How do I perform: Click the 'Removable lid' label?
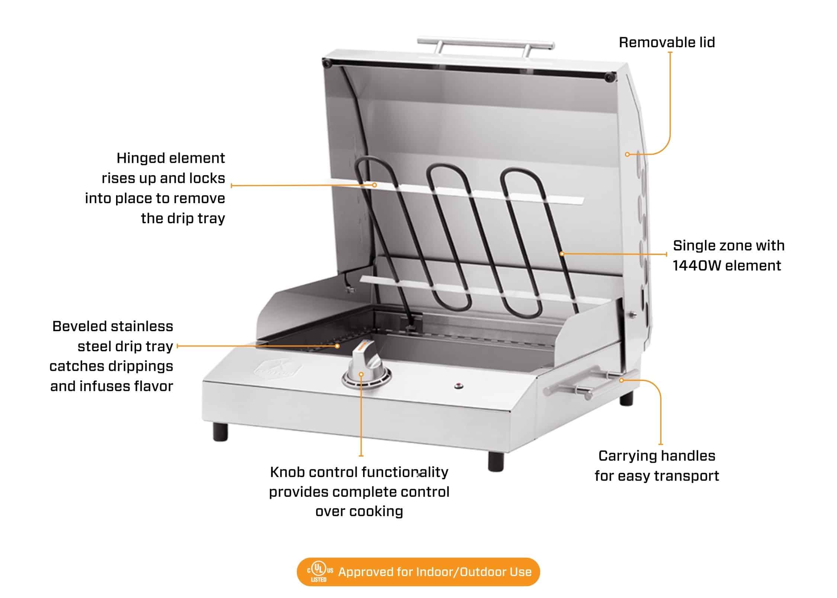(667, 42)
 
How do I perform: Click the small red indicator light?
(458, 386)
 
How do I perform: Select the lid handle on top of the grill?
(485, 44)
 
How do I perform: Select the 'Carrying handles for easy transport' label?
(657, 466)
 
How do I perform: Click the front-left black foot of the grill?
(220, 432)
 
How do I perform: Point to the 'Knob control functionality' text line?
(359, 472)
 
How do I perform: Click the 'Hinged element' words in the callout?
(170, 158)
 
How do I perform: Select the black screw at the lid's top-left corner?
(327, 64)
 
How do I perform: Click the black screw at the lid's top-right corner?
(609, 77)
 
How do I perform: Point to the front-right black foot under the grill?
(496, 462)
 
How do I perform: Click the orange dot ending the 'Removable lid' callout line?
(627, 154)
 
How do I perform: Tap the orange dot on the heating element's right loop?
(562, 254)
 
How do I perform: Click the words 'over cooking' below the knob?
(359, 511)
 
